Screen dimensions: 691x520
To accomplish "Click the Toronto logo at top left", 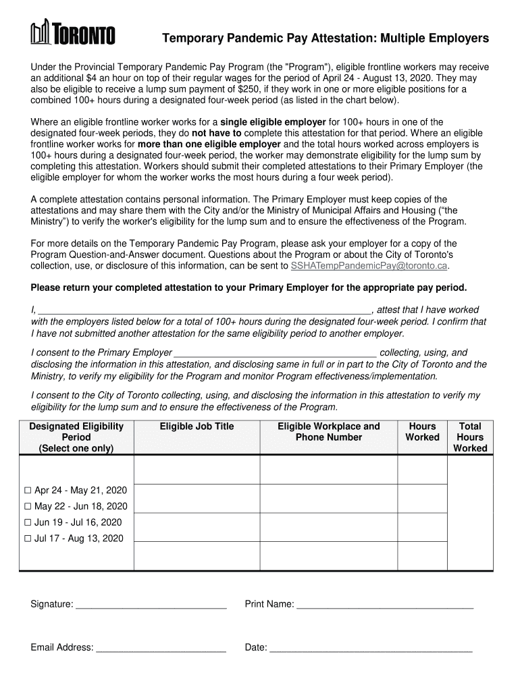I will [72, 33].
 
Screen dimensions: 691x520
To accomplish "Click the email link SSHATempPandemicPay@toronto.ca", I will [369, 266].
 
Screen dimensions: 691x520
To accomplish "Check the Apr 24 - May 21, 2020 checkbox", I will [28, 491].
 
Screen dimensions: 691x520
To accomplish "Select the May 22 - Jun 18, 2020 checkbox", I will [28, 507].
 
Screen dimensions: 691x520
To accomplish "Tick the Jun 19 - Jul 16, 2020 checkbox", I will [28, 523].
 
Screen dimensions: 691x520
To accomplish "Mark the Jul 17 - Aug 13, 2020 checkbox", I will [28, 539].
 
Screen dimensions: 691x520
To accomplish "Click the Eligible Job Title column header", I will [197, 426].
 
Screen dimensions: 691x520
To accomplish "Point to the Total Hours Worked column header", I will [469, 437].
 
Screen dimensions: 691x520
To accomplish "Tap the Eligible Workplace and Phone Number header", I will [328, 432].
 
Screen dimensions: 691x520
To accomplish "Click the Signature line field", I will [151, 605].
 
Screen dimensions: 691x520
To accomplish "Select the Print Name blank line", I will [385, 605].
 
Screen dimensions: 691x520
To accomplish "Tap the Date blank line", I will [370, 648].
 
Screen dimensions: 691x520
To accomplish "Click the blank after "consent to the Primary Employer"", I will [275, 353].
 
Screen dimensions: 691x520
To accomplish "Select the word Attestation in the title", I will [344, 38].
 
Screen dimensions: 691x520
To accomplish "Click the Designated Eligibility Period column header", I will [76, 437].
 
